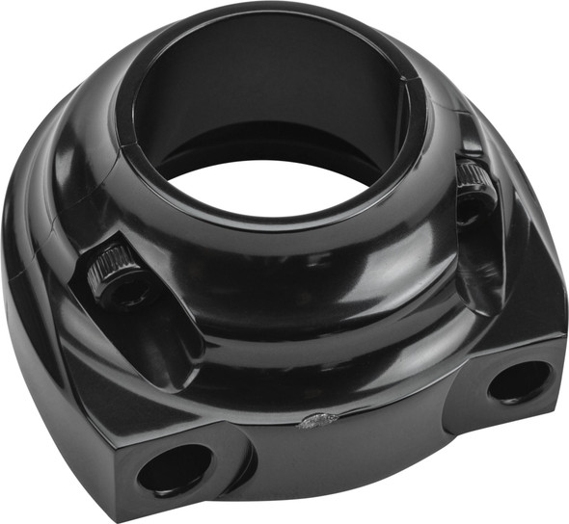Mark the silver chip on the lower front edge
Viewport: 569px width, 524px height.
tap(318, 419)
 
